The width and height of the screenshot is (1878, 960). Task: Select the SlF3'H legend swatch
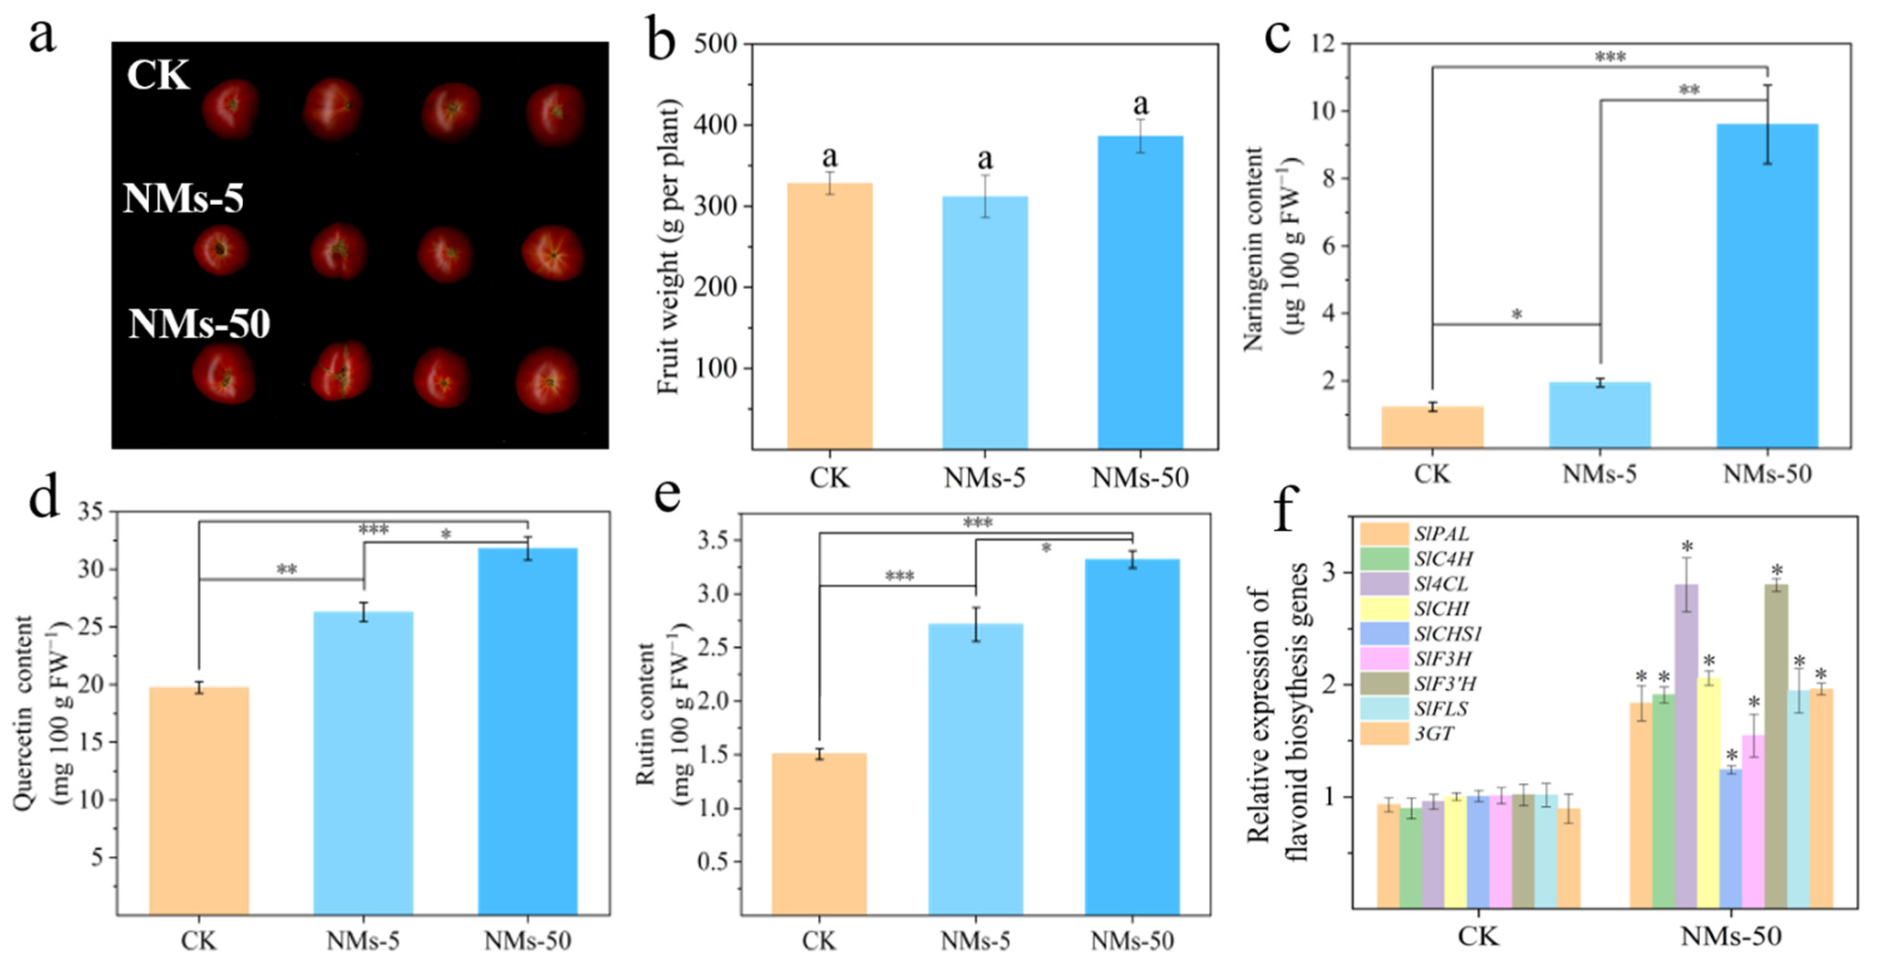click(x=1384, y=683)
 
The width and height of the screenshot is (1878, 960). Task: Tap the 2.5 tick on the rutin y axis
click(x=713, y=647)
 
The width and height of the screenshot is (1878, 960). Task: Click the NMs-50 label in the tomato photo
click(x=199, y=324)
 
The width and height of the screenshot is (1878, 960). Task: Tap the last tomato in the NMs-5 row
click(x=553, y=252)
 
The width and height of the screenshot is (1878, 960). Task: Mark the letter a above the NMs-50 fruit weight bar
click(x=1140, y=106)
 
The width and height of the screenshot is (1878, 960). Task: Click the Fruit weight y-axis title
click(x=668, y=246)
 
